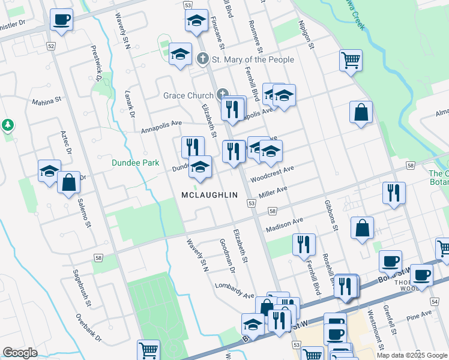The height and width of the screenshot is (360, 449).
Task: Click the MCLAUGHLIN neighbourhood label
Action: click(209, 195)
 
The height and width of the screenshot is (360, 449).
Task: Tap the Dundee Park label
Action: click(135, 162)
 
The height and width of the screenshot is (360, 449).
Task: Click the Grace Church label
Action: click(188, 95)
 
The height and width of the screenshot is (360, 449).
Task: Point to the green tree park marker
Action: click(8, 125)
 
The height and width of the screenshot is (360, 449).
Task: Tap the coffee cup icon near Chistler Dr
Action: click(61, 20)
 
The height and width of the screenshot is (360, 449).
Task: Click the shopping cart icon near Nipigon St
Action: click(351, 60)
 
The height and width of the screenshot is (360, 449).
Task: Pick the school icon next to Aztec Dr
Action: click(49, 171)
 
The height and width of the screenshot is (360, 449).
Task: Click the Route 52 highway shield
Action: click(50, 46)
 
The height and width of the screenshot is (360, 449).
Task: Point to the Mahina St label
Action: click(47, 102)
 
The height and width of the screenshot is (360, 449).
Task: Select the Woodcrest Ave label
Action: click(273, 174)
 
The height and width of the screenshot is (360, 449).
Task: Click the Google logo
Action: click(20, 353)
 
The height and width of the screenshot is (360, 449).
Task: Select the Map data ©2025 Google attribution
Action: click(411, 355)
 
